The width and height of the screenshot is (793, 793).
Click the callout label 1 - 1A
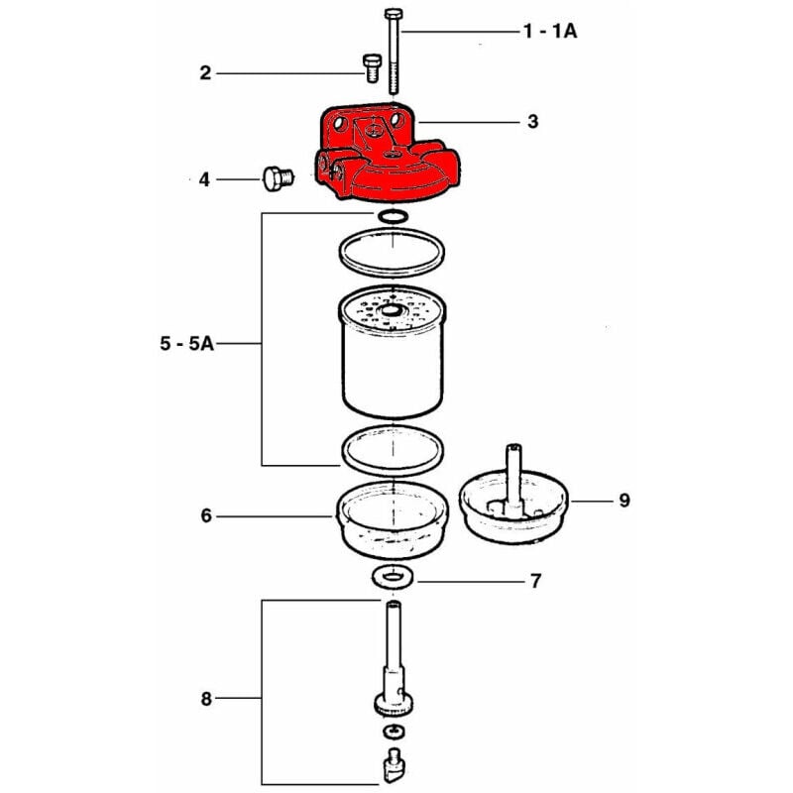point(550,32)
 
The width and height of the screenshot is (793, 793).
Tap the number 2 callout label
point(205,72)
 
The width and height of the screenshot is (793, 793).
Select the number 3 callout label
point(532,122)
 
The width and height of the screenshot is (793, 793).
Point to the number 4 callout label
point(204,179)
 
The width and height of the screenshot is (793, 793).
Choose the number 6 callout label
point(206,516)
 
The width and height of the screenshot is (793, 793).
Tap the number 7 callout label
point(535,581)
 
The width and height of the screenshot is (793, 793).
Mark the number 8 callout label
point(206,700)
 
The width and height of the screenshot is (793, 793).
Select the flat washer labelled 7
point(394,577)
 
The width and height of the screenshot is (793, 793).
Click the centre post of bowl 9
point(514,476)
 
